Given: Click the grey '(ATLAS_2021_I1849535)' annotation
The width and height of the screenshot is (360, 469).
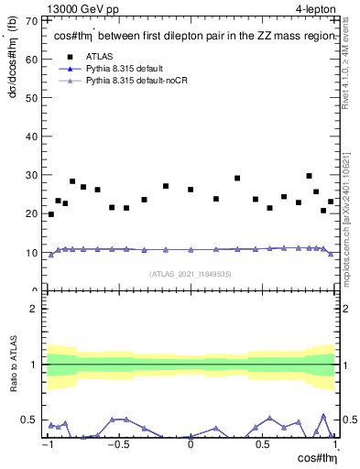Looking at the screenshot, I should click(x=191, y=274).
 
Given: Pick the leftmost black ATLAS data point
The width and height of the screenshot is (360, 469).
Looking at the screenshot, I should click(x=50, y=214).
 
